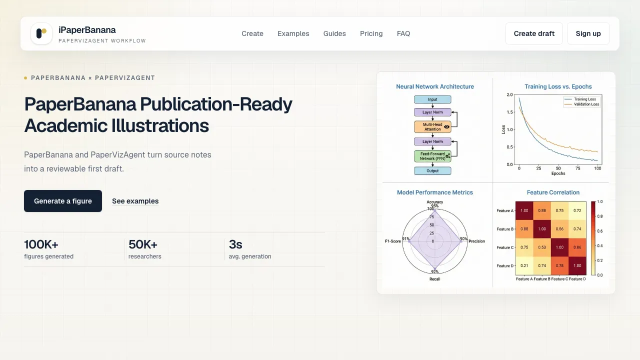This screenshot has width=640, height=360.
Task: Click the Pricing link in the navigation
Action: pyautogui.click(x=371, y=33)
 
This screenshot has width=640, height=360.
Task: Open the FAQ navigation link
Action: pyautogui.click(x=403, y=33)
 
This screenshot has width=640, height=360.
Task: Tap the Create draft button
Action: pyautogui.click(x=534, y=33)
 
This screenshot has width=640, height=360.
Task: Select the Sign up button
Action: pyautogui.click(x=588, y=33)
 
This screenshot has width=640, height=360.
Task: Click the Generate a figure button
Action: pyautogui.click(x=63, y=201)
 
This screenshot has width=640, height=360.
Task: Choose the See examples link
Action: pyautogui.click(x=135, y=201)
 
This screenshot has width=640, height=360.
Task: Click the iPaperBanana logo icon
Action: pyautogui.click(x=41, y=33)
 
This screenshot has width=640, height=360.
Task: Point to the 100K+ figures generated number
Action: pyautogui.click(x=41, y=244)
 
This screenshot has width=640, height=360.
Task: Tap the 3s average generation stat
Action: pyautogui.click(x=235, y=244)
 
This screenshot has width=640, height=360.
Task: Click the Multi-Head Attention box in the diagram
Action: pyautogui.click(x=432, y=127)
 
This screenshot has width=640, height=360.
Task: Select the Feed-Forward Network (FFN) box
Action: pyautogui.click(x=432, y=156)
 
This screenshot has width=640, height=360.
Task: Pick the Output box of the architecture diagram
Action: pyautogui.click(x=432, y=171)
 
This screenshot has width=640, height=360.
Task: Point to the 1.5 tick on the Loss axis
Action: pyautogui.click(x=509, y=112)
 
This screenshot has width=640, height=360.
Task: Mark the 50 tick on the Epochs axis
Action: pyautogui.click(x=558, y=168)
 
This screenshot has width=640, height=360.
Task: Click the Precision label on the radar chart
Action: pyautogui.click(x=476, y=241)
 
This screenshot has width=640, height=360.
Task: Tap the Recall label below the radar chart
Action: pyautogui.click(x=434, y=279)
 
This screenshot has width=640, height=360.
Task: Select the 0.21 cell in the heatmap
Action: pyautogui.click(x=524, y=265)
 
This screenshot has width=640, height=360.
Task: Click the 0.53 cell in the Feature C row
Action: pyautogui.click(x=542, y=247)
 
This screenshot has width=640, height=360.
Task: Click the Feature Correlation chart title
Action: pyautogui.click(x=553, y=192)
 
